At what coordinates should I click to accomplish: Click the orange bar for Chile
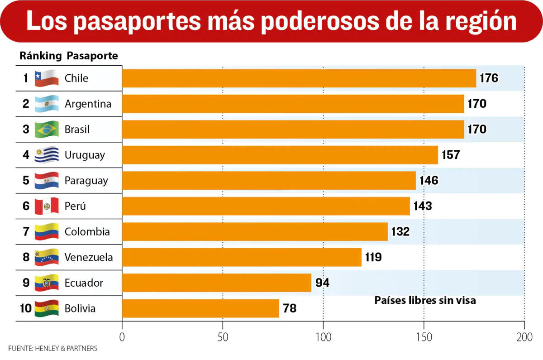point(299,78)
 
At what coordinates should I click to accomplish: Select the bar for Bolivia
point(200,308)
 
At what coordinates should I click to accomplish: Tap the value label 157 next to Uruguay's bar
point(451,155)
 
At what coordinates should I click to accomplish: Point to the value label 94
point(322,283)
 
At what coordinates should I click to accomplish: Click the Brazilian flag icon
point(47,130)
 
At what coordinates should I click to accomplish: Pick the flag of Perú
point(47,206)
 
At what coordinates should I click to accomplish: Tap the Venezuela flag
point(47,257)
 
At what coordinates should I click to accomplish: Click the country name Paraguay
point(86,181)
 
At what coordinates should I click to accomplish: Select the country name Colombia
point(87,232)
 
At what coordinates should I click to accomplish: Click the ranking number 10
point(26,308)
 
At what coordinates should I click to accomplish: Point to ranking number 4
point(26,155)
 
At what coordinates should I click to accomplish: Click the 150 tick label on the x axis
point(424,337)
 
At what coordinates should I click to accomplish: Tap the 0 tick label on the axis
point(122,337)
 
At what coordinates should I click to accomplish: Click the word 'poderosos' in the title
point(320,22)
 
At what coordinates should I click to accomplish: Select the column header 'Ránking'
point(41,56)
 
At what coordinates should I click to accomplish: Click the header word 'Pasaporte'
point(92,56)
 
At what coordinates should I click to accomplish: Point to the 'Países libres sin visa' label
point(425,300)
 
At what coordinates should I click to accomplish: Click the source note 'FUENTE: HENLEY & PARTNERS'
point(53,348)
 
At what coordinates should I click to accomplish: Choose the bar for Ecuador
point(217,283)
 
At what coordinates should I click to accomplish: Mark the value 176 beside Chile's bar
point(489,78)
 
